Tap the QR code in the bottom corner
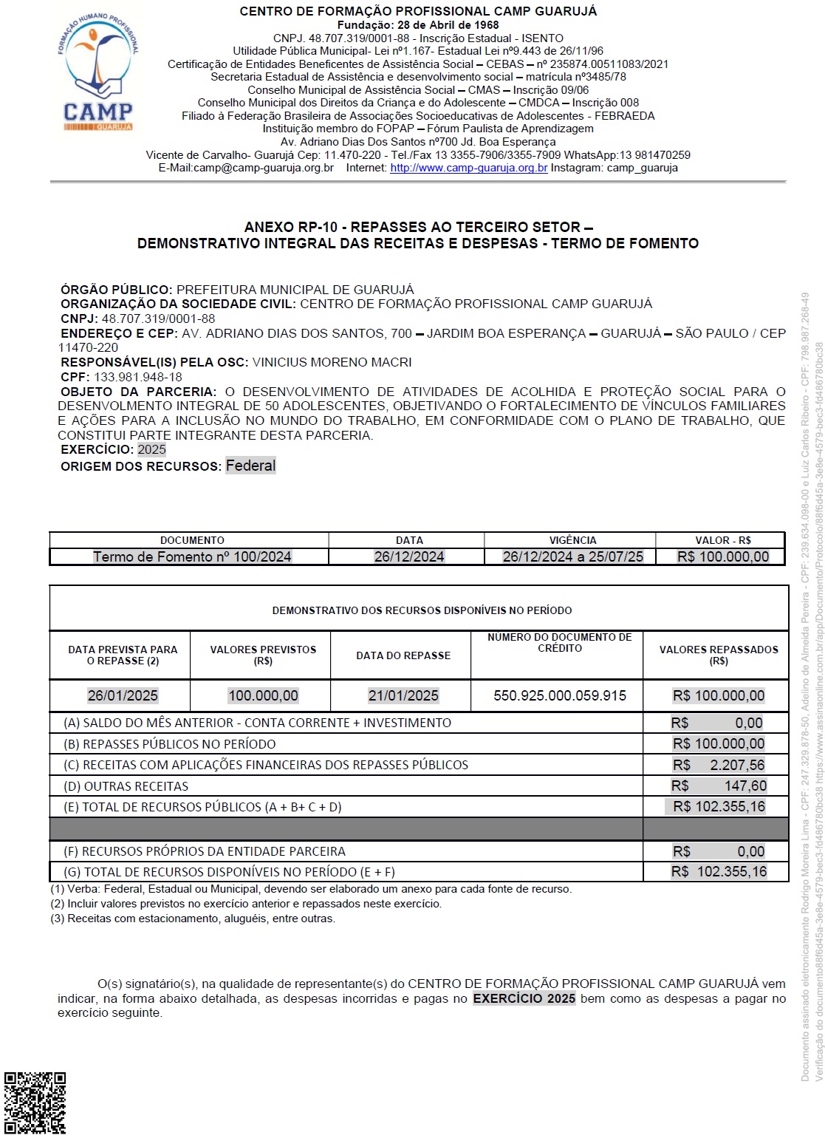click(x=35, y=1103)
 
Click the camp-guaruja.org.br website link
click(x=468, y=168)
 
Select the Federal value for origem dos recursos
click(x=250, y=466)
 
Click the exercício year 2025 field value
click(x=151, y=449)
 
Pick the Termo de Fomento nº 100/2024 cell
click(x=192, y=556)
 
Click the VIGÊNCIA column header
click(x=572, y=540)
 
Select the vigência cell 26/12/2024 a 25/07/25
click(x=572, y=556)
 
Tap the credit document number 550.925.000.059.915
click(x=559, y=695)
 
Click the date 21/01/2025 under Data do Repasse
click(x=403, y=695)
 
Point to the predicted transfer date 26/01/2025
click(x=123, y=695)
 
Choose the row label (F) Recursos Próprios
click(x=205, y=851)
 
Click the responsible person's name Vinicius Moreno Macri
click(x=332, y=362)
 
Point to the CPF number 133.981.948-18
click(x=137, y=377)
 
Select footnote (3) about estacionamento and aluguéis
click(x=193, y=919)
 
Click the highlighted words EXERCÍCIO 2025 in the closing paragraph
click(x=524, y=998)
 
